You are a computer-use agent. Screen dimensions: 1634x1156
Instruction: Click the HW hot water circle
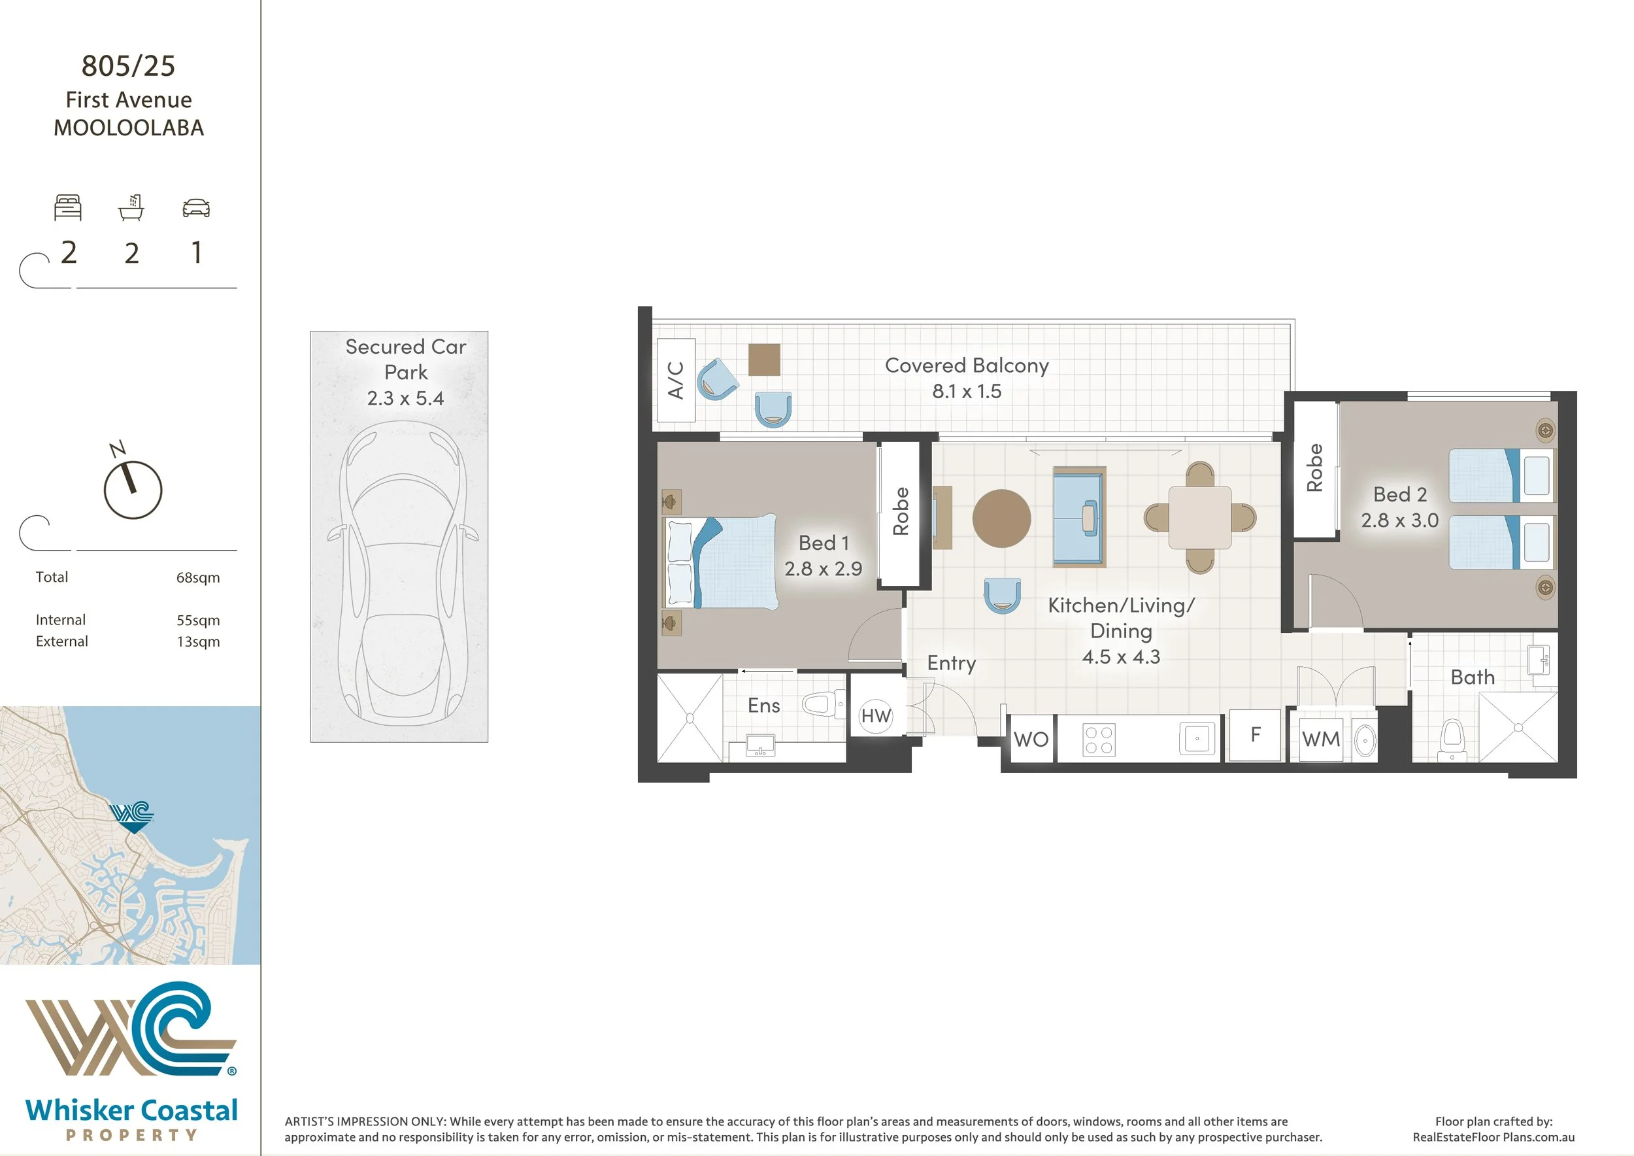(875, 715)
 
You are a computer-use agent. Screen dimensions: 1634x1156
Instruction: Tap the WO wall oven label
(1031, 739)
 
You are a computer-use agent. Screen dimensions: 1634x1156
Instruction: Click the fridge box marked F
(1256, 736)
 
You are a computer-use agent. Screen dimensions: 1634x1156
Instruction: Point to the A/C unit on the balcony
(675, 380)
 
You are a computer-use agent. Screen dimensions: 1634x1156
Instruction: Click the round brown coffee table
(1001, 518)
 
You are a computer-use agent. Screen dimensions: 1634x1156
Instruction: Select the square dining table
(1200, 517)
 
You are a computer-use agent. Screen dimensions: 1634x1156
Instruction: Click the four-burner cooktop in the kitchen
(1099, 739)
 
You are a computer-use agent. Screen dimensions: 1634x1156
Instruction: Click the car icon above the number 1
(197, 208)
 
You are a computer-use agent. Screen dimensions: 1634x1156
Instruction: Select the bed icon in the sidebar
(69, 207)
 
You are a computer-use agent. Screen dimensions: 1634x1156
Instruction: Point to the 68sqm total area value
(198, 577)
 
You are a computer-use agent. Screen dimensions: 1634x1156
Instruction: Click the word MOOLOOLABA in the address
(129, 128)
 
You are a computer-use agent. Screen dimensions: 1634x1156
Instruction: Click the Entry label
(952, 664)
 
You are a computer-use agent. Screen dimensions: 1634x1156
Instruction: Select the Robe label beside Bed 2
(1314, 467)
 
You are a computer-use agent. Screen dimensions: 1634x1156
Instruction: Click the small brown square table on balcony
(763, 360)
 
